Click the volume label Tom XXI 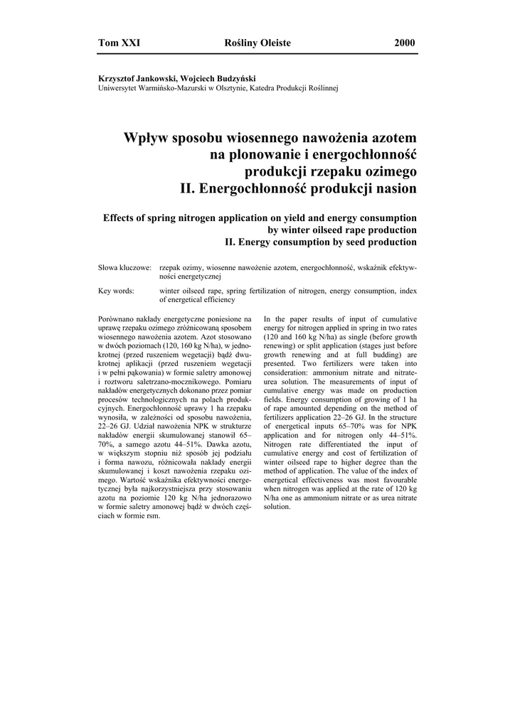119,43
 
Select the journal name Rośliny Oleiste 257,43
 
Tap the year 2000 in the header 404,43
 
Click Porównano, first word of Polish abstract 120,319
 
